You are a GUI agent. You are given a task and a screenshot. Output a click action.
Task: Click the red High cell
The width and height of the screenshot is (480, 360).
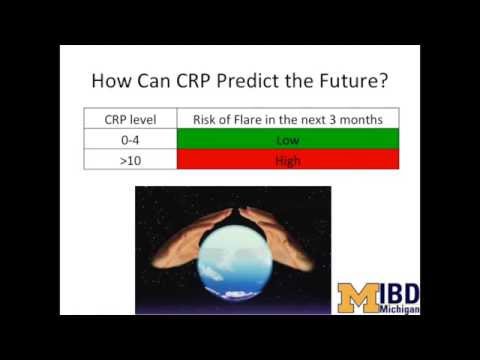coord(287,160)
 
